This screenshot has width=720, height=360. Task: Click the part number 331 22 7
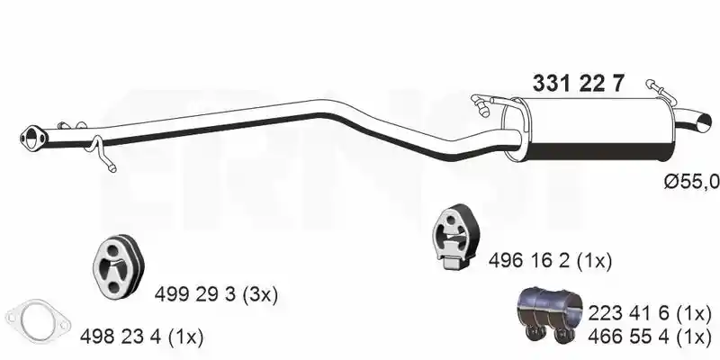tap(578, 84)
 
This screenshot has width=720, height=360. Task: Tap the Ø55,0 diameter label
tap(691, 183)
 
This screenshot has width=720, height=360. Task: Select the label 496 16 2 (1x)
tap(550, 261)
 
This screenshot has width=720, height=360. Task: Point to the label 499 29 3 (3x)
tap(216, 294)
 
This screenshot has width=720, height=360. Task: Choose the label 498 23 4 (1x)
tap(141, 337)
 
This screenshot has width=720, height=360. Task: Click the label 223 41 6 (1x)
tap(649, 314)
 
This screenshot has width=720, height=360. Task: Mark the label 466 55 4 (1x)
tap(649, 337)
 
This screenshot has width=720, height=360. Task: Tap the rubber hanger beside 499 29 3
tap(119, 265)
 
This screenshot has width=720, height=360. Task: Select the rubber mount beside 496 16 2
tap(455, 237)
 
